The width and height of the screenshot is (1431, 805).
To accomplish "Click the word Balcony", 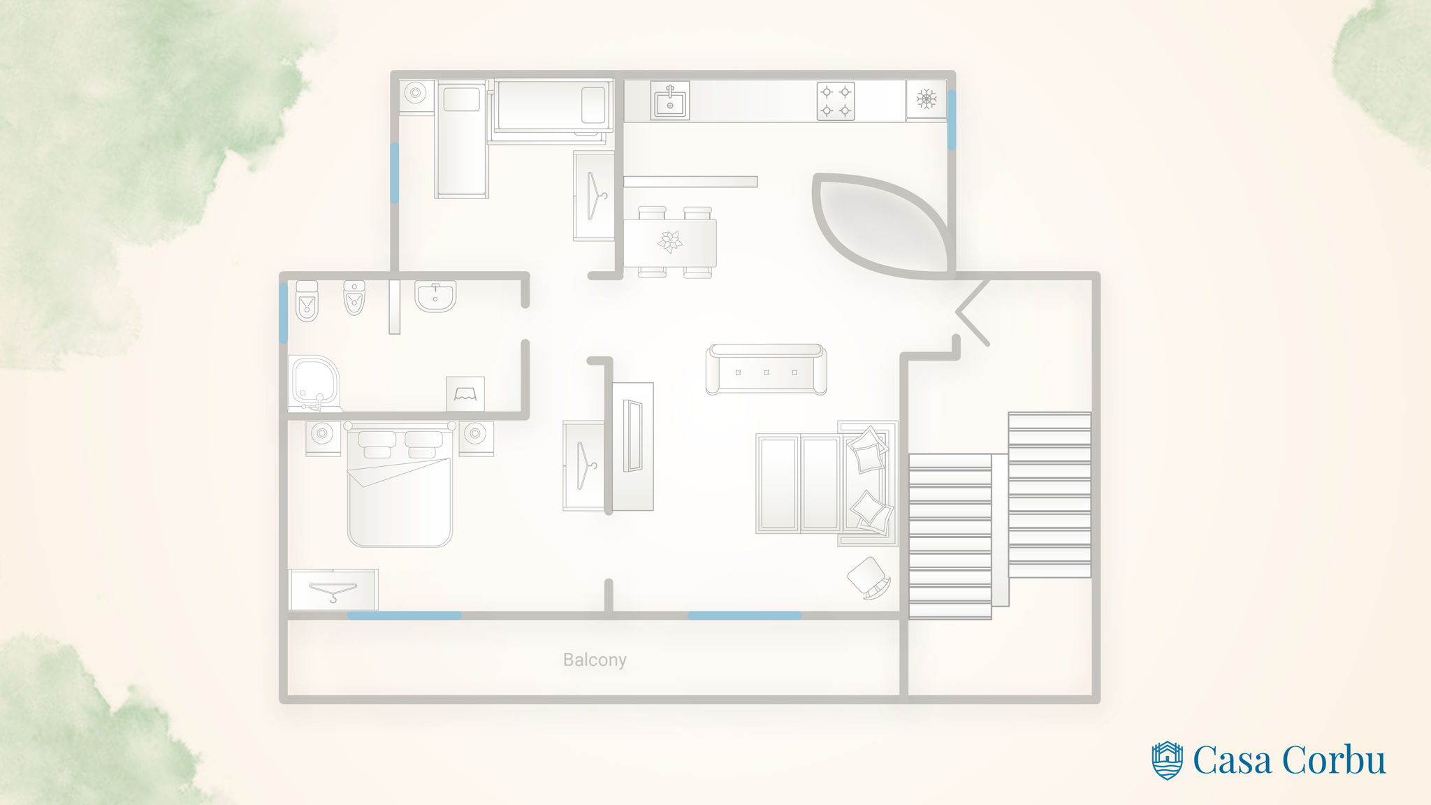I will coord(595,660).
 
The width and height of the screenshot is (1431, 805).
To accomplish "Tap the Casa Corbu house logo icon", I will coord(1167,760).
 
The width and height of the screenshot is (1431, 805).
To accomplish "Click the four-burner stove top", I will coord(836,101).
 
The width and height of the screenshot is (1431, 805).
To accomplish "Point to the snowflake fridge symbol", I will coord(927,99).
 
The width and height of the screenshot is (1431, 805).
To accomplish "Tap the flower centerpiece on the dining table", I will coord(669,242).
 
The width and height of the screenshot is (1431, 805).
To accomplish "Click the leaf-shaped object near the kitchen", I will coord(880,225).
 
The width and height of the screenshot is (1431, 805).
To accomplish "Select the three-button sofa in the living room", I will coord(766,370).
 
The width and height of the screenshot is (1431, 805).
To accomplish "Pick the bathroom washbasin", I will coord(435,296).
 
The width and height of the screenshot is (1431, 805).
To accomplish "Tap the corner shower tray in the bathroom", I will coord(314,384).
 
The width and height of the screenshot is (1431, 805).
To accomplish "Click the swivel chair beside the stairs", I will coord(869,577).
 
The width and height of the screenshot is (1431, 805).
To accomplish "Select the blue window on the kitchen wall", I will coord(951,119).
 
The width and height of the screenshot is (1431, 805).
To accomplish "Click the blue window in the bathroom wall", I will coord(283,312).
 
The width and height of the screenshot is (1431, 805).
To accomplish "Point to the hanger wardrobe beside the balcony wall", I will coord(333,589).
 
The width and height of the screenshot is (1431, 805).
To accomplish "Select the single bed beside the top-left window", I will coord(461,140).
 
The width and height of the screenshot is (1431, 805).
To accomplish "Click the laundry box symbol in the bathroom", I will coord(465,394).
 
